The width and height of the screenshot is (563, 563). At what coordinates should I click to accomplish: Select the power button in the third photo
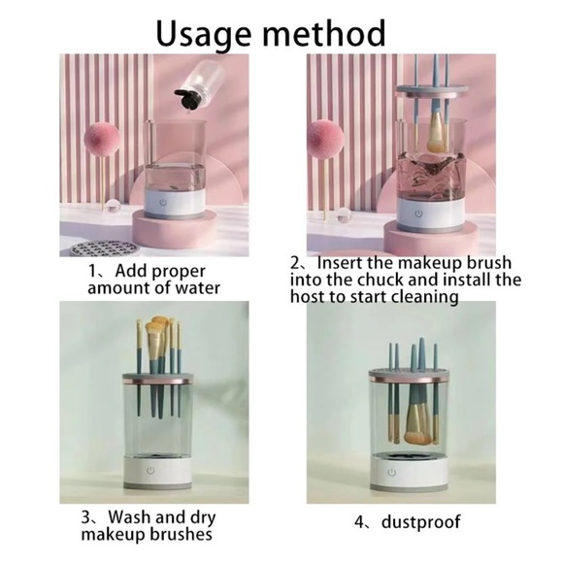tap(150, 475)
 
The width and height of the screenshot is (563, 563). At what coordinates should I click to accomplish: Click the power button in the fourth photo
tap(392, 473)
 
